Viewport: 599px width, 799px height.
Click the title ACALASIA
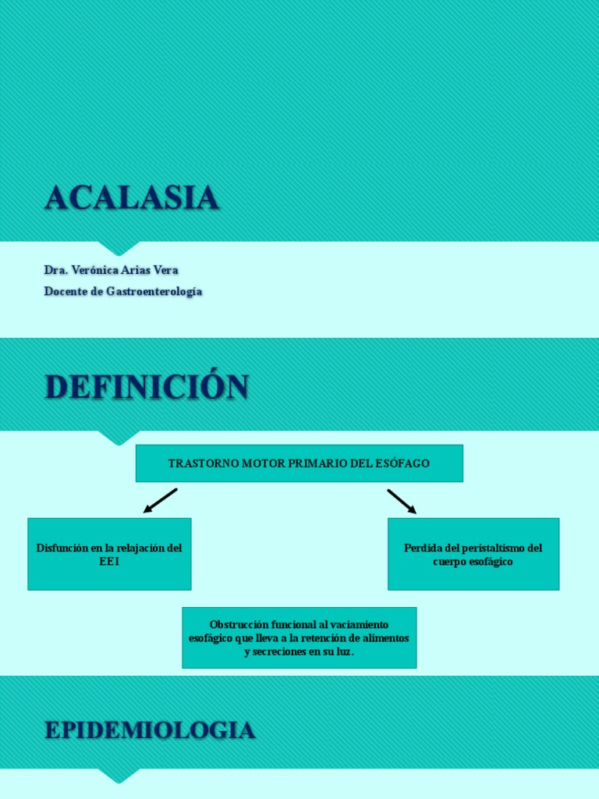[132, 198]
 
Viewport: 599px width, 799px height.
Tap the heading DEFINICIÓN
[147, 387]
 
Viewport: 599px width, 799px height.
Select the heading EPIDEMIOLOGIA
[150, 730]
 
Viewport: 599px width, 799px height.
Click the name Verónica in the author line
[94, 270]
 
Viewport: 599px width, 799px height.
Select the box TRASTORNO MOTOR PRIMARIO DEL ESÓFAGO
[299, 463]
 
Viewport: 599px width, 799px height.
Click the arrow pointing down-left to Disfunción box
[161, 501]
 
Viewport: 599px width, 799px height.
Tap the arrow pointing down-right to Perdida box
[402, 501]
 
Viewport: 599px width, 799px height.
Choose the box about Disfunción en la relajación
[109, 554]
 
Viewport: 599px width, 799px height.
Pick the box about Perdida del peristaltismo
[473, 554]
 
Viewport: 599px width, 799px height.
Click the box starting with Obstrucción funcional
[299, 637]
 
